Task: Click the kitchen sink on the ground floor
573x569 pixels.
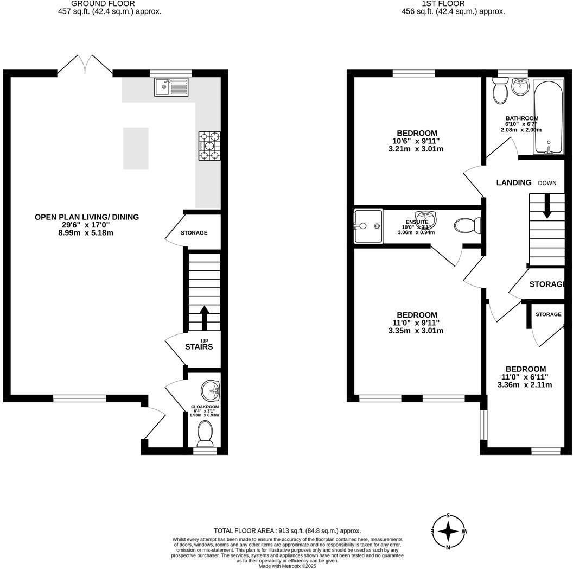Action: (x=171, y=87)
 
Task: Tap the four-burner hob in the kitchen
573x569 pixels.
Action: (x=209, y=146)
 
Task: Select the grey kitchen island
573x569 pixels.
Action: (x=136, y=148)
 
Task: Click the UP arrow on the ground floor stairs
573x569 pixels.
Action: (x=204, y=318)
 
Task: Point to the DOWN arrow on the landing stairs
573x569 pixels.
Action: (x=547, y=206)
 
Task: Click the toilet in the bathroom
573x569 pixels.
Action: (x=499, y=90)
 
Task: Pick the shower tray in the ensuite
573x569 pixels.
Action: (x=368, y=226)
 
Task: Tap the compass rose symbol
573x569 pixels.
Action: (x=449, y=531)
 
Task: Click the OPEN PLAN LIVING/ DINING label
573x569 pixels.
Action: (x=87, y=217)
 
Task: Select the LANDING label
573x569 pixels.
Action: (x=514, y=182)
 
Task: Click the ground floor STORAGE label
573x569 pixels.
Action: (x=194, y=233)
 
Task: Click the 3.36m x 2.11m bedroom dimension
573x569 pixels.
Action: (x=524, y=385)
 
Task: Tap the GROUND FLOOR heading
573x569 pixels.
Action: (x=110, y=3)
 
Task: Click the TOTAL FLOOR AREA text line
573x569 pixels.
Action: (x=287, y=530)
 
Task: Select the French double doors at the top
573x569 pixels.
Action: (x=85, y=64)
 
